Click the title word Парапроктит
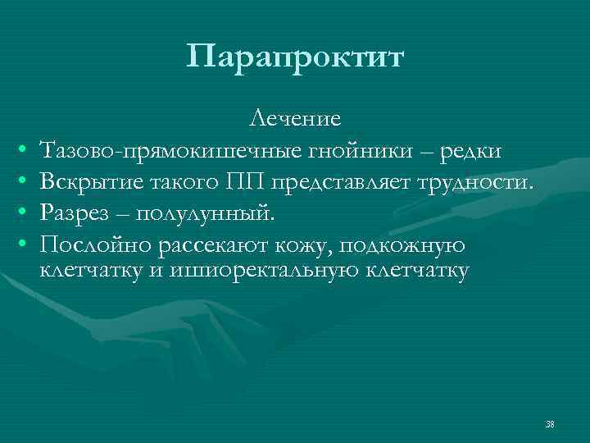tap(295, 57)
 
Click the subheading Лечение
tap(295, 120)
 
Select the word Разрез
tap(77, 213)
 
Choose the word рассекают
tap(213, 244)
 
